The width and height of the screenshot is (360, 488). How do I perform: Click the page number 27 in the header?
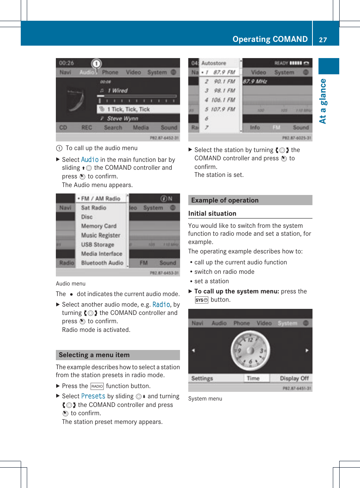(x=323, y=40)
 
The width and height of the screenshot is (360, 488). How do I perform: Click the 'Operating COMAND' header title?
(x=270, y=39)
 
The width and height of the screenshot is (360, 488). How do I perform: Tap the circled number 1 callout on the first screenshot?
(x=97, y=64)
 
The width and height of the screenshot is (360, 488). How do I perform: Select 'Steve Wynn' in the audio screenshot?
(x=122, y=118)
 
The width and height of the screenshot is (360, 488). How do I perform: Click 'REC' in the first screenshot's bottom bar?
(x=87, y=128)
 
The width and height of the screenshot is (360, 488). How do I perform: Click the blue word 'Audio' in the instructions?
(x=90, y=160)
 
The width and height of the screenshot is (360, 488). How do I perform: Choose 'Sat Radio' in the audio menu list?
(x=94, y=208)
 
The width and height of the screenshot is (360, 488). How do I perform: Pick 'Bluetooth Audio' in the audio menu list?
(x=102, y=263)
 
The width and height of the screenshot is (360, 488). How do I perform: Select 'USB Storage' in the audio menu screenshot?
(x=97, y=244)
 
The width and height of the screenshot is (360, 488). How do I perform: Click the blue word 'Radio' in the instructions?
(x=161, y=304)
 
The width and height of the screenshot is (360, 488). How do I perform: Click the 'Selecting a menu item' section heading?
(x=94, y=355)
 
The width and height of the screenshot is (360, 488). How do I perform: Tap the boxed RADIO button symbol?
(x=97, y=386)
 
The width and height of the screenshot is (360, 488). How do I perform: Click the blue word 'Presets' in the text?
(x=93, y=396)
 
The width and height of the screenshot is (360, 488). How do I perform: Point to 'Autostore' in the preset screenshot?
(x=214, y=63)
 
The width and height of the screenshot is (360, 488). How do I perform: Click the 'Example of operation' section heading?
(x=225, y=200)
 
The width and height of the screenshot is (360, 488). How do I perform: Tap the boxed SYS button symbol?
(x=202, y=300)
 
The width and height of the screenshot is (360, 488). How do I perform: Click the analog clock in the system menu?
(x=250, y=350)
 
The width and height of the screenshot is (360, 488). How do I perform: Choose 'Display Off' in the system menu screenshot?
(x=294, y=378)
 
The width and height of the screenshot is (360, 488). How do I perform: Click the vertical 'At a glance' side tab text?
(x=323, y=101)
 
